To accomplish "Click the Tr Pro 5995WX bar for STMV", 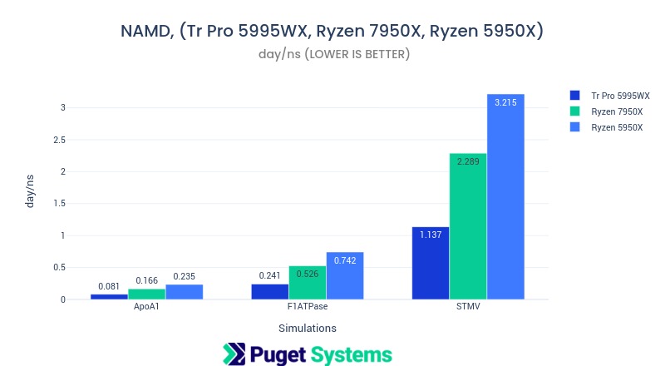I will click(x=431, y=263).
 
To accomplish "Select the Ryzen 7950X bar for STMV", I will click(x=468, y=226).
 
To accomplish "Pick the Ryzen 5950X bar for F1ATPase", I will click(x=345, y=275).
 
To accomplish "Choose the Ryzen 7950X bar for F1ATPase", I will click(x=308, y=283).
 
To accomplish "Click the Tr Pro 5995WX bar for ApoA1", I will click(x=109, y=296).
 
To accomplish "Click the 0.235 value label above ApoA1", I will click(x=184, y=277).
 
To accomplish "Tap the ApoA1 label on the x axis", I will click(x=146, y=307).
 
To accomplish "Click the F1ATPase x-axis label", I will click(x=308, y=307).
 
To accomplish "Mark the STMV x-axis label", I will click(x=468, y=307).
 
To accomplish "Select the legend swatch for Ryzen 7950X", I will click(x=574, y=111).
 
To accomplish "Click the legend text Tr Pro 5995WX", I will click(x=620, y=96).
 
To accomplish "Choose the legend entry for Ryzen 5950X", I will click(x=616, y=127).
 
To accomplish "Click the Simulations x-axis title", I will click(x=308, y=328).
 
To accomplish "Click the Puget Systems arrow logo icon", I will click(x=234, y=354).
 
